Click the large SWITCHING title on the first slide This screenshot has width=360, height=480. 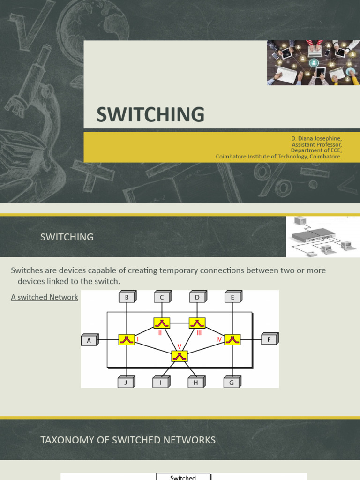click(150, 115)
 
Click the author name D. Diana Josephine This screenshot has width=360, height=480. click(316, 139)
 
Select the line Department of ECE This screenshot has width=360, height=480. click(316, 150)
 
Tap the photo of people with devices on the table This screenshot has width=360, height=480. click(313, 62)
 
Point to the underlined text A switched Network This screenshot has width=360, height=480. click(45, 297)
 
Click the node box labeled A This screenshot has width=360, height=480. click(90, 340)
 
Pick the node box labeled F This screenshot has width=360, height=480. click(269, 339)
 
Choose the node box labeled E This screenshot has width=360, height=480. click(232, 297)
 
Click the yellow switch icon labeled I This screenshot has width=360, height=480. click(127, 340)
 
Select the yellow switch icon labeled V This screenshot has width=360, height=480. click(179, 356)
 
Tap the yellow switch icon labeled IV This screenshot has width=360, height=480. click(232, 339)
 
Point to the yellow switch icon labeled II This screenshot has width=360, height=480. click(162, 323)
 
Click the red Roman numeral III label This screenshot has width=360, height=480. click(199, 332)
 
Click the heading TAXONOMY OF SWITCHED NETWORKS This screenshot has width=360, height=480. click(128, 440)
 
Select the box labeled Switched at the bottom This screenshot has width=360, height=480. click(183, 477)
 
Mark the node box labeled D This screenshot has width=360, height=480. click(197, 297)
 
